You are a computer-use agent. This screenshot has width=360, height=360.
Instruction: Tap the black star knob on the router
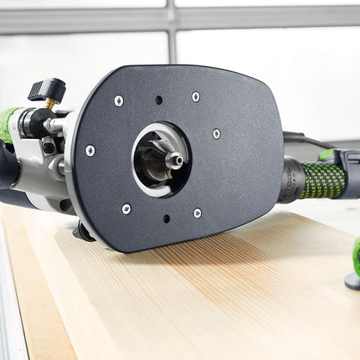[47, 89]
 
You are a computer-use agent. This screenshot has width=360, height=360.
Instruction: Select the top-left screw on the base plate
[119, 100]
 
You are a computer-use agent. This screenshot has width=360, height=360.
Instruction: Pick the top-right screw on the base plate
[196, 97]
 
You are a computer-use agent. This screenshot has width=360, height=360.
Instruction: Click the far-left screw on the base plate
[90, 151]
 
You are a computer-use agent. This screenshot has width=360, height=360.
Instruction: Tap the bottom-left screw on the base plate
[126, 208]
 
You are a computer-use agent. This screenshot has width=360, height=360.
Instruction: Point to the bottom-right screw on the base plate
[198, 213]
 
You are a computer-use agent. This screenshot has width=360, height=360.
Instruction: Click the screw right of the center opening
[216, 133]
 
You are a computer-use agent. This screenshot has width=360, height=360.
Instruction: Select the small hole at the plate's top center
[158, 100]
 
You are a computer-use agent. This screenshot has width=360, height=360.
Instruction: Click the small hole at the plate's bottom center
[166, 219]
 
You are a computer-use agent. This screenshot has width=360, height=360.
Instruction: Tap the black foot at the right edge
[353, 280]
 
